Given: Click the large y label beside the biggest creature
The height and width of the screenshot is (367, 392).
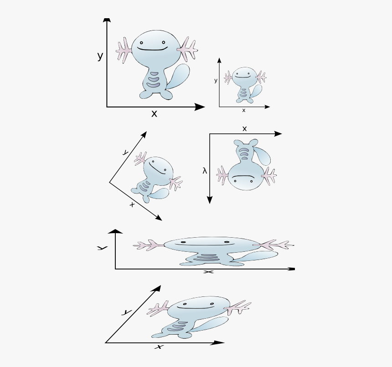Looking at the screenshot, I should point(100,56).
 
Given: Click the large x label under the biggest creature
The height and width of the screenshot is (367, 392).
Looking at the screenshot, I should point(154,114).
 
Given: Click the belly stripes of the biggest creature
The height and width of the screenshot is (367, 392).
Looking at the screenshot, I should point(153,81).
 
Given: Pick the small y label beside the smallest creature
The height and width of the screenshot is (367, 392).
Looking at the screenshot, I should point(216,81).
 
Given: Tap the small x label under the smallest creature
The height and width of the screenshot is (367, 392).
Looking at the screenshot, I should point(243,110).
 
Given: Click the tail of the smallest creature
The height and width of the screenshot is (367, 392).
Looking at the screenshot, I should point(257,90).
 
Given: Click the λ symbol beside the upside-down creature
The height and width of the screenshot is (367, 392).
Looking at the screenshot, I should point(205,171).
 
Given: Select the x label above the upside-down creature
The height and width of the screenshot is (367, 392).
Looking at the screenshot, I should point(244,129).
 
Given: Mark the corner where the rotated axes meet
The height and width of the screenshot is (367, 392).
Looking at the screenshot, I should point(109,183).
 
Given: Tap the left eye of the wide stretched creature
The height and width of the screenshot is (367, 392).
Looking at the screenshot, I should point(182,242).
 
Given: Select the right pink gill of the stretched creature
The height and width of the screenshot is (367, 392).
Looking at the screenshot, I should point(277,245).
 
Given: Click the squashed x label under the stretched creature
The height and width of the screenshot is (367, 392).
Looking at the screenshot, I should point(208,272).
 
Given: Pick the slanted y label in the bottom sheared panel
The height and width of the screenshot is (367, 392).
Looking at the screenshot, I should point(127,312).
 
